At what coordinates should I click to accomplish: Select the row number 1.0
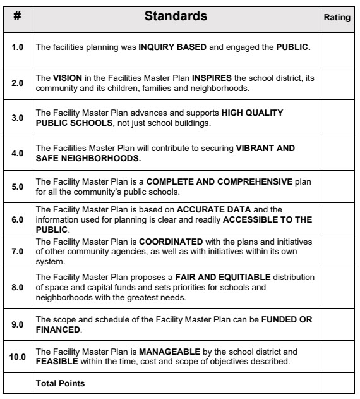point(18,48)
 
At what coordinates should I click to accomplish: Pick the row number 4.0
point(18,152)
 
